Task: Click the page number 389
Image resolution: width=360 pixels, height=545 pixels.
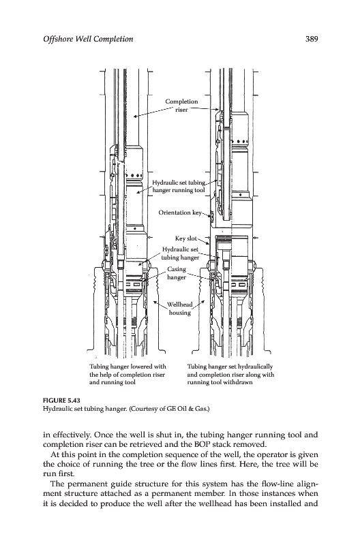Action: point(312,39)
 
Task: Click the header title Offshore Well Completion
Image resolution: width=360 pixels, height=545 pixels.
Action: point(88,39)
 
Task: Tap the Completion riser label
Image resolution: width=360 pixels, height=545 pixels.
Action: point(181,106)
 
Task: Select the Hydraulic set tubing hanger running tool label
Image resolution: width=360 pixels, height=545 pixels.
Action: point(179,186)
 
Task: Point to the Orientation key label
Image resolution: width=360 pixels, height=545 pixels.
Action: point(180,213)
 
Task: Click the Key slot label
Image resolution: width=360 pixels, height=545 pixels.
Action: point(185,238)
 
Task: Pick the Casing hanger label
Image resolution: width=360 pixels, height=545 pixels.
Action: point(177,273)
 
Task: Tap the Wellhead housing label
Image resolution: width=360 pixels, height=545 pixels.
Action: point(180,309)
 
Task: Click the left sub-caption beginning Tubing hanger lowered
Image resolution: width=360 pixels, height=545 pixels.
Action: point(127,374)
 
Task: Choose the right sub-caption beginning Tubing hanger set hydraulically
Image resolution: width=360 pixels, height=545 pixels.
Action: point(230,374)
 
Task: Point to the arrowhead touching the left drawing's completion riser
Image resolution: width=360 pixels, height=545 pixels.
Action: point(135,116)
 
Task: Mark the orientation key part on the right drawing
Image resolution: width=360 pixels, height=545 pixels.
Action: point(211,217)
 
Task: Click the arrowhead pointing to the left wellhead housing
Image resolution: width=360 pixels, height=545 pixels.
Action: point(155,302)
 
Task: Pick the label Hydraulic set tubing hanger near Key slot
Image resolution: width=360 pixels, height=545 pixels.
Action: point(181,253)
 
